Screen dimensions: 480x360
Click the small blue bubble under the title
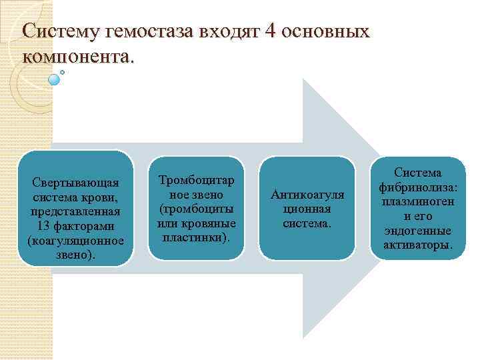tap(55, 79)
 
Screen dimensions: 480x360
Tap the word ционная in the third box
tap(307, 209)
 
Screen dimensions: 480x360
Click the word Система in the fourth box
tap(418, 173)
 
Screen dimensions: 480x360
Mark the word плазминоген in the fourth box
tap(418, 202)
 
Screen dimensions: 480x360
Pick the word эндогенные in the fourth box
tap(418, 231)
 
